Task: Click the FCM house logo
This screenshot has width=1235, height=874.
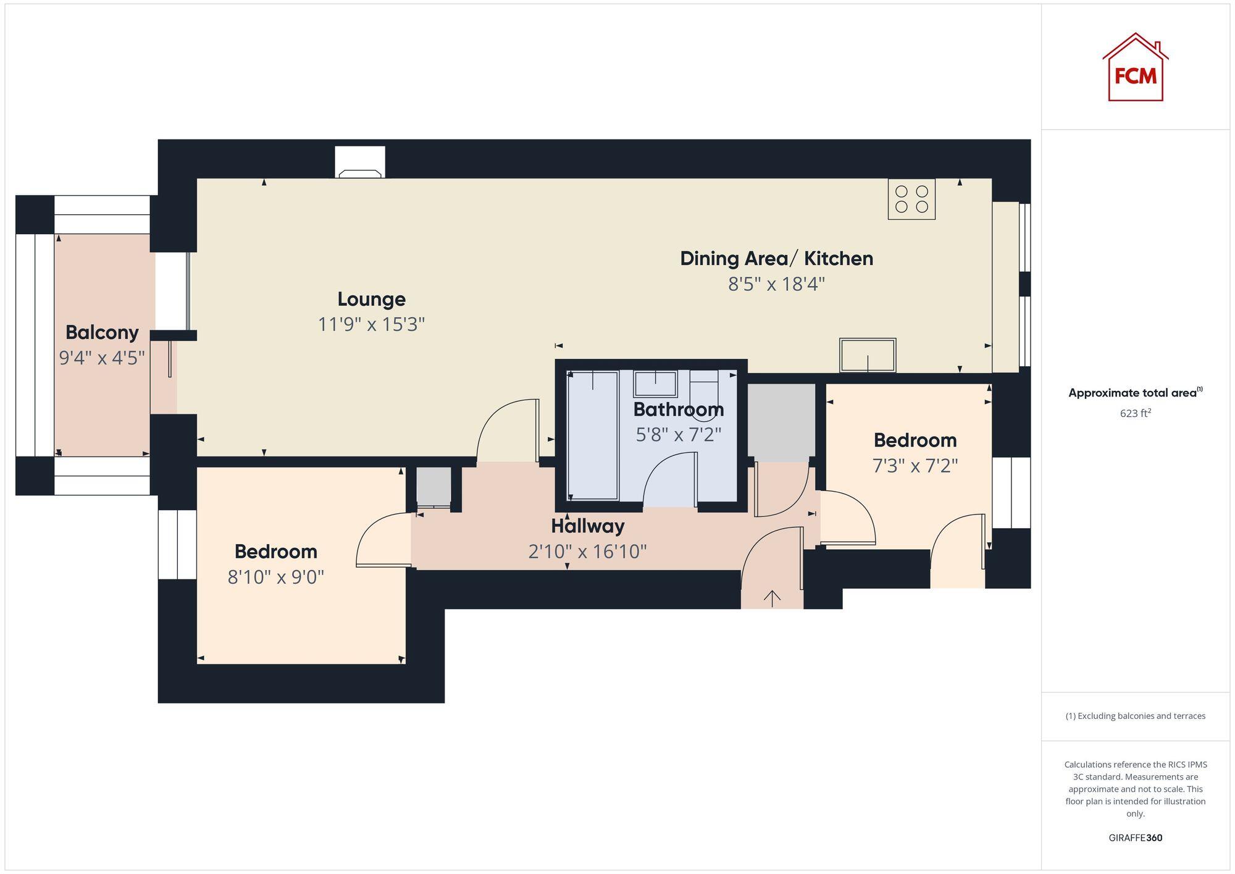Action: tap(1135, 68)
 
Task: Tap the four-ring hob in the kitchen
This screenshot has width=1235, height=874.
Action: tap(911, 199)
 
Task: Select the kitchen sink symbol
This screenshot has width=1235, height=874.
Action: tap(867, 355)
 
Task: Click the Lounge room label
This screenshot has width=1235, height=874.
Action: tap(371, 299)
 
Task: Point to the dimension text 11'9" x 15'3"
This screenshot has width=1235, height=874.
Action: tap(371, 324)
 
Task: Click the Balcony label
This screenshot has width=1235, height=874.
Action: tap(102, 332)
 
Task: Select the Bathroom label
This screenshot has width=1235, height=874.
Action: tap(678, 409)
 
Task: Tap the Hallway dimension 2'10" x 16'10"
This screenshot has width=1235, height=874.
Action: tap(587, 551)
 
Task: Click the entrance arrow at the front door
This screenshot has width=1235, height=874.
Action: tap(772, 597)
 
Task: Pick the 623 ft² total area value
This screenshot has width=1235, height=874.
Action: tap(1135, 413)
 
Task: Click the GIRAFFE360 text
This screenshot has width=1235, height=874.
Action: tap(1135, 838)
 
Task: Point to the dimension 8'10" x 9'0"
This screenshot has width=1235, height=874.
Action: tap(275, 577)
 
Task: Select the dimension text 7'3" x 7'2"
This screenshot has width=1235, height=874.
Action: tap(915, 465)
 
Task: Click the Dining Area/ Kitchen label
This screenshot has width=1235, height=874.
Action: tap(776, 258)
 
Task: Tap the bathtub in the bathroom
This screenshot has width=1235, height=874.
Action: tap(593, 435)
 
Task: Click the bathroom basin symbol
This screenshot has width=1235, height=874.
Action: tap(655, 384)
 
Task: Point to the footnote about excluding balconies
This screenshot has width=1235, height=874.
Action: tap(1135, 716)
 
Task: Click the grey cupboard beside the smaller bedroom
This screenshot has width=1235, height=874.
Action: tap(781, 422)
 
